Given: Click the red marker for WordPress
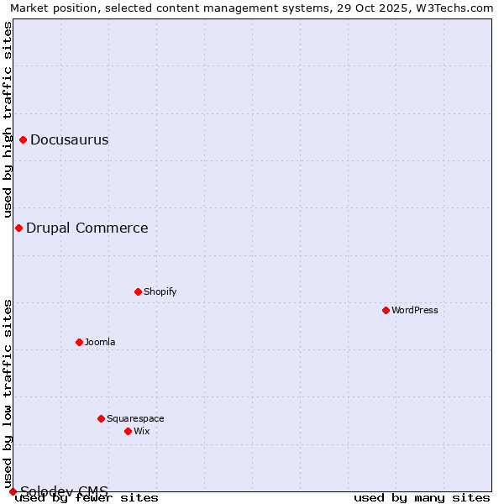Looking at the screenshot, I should [x=386, y=310].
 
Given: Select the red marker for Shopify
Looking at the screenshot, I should [x=138, y=291].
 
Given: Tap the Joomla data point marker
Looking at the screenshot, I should [x=79, y=342].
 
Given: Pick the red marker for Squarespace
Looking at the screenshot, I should [x=101, y=418].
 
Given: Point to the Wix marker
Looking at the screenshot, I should [x=128, y=431].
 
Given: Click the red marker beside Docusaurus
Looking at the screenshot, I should [x=23, y=139].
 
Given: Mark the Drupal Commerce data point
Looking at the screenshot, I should [x=18, y=228].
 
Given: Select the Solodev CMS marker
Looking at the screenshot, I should [x=13, y=491].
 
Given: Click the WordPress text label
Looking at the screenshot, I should [x=415, y=310].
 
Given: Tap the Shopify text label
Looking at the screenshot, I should [x=160, y=291].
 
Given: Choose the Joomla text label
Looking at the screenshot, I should [x=100, y=342].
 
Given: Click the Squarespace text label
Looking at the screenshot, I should [x=135, y=418].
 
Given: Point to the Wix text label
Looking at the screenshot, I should [x=141, y=431].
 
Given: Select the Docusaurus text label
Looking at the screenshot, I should [x=69, y=139].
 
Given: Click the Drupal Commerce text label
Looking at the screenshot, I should [x=87, y=228].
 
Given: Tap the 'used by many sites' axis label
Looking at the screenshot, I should [x=422, y=497].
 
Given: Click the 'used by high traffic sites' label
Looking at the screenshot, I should [x=8, y=119].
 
